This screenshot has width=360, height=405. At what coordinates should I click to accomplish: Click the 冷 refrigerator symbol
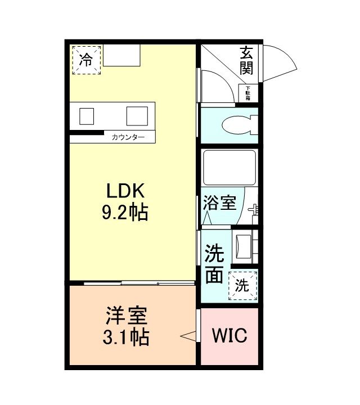pyautogui.click(x=86, y=60)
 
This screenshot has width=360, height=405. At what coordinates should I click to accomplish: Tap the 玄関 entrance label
pyautogui.click(x=246, y=61)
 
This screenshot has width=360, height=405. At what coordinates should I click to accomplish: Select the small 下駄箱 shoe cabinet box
pyautogui.click(x=247, y=93)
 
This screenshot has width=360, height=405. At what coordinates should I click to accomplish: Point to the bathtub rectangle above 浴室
pyautogui.click(x=228, y=168)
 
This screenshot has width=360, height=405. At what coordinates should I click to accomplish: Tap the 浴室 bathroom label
pyautogui.click(x=219, y=202)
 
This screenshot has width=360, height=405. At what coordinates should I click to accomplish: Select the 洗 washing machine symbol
pyautogui.click(x=242, y=285)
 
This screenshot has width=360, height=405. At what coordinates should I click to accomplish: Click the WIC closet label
pyautogui.click(x=229, y=336)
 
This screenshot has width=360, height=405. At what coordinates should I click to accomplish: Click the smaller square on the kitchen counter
pyautogui.click(x=86, y=115)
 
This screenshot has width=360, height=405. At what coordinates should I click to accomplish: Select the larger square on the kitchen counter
pyautogui.click(x=137, y=115)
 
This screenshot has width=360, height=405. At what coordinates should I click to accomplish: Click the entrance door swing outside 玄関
pyautogui.click(x=278, y=61)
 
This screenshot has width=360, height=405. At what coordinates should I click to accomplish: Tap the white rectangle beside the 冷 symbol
pyautogui.click(x=121, y=56)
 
